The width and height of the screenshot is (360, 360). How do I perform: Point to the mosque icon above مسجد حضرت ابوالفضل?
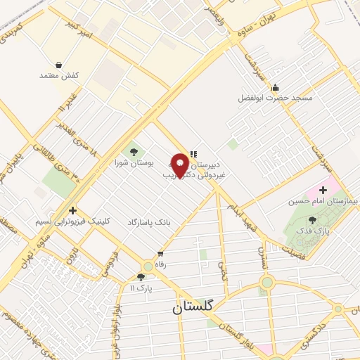(x=275, y=87)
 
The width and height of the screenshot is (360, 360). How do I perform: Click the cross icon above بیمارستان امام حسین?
(x=323, y=190)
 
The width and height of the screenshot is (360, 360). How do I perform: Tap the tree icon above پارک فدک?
(x=312, y=219)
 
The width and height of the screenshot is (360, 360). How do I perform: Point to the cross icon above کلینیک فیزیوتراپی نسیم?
(x=72, y=210)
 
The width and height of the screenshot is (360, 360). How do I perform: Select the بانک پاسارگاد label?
(x=150, y=221)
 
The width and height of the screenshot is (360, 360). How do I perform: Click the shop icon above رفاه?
(x=161, y=253)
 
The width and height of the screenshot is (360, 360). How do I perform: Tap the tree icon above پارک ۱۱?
(x=141, y=277)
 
